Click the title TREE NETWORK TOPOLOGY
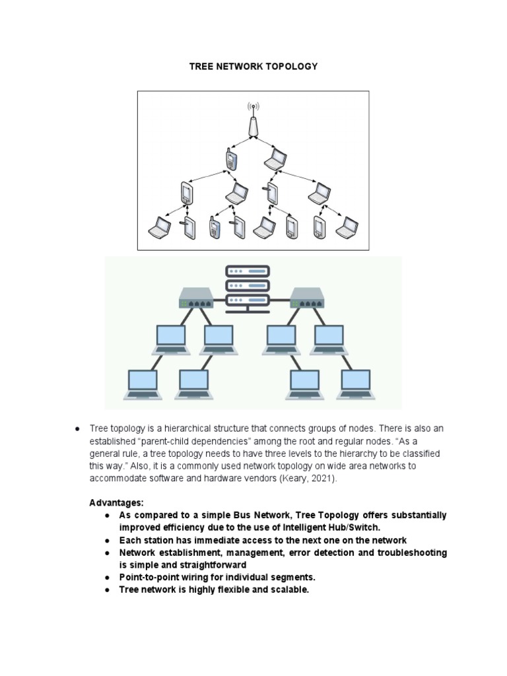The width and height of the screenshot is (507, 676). tap(253, 66)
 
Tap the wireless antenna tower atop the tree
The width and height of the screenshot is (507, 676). tap(253, 121)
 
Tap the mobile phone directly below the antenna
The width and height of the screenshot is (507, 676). tap(230, 159)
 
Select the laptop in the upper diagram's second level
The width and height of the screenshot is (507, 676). tap(275, 158)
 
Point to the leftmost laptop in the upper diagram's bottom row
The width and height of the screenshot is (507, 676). tap(160, 227)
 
